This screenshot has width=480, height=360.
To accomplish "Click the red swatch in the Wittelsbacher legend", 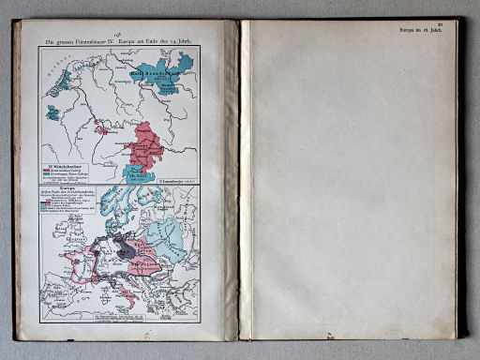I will [49, 171].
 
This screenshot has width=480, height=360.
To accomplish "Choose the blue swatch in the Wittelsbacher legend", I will [49, 175].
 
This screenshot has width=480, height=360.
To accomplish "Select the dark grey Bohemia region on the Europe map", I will [125, 248].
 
